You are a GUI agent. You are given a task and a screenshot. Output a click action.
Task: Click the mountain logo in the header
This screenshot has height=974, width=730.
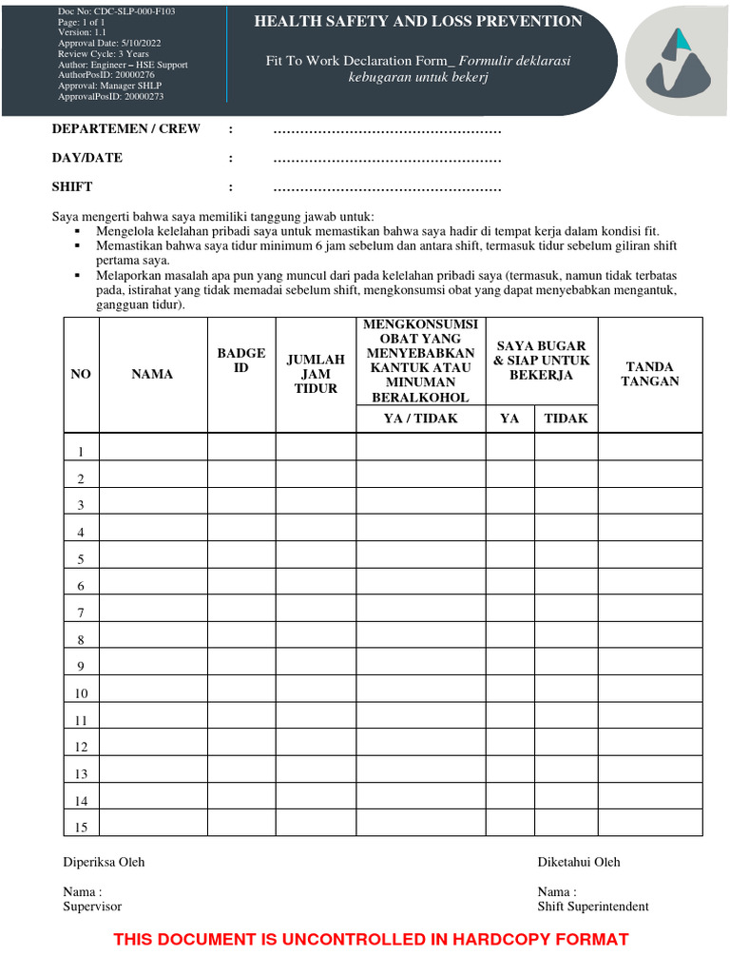click(x=678, y=63)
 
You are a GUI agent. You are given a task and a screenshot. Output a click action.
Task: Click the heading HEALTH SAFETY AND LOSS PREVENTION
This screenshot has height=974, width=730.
click(x=418, y=21)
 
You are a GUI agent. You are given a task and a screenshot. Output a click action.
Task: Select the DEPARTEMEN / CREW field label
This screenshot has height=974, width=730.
click(x=126, y=129)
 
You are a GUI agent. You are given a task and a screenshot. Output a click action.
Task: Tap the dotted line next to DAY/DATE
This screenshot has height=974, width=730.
click(x=387, y=159)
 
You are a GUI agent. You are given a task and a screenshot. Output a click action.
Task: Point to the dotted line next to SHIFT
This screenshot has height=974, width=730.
click(x=387, y=187)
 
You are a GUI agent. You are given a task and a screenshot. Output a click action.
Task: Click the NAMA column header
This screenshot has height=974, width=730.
click(x=152, y=375)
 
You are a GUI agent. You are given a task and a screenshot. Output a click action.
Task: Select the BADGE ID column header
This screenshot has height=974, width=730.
click(x=241, y=360)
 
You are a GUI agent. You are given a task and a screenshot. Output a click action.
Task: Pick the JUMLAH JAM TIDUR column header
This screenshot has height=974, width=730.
click(x=316, y=375)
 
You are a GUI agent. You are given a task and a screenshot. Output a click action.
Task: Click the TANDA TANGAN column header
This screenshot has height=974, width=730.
click(x=650, y=374)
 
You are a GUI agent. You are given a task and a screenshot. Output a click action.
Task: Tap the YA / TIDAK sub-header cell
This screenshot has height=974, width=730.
click(x=420, y=419)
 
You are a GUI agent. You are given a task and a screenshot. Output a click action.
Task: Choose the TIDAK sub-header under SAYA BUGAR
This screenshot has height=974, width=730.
click(x=566, y=419)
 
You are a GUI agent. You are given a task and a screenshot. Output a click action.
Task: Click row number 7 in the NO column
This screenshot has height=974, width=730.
click(x=82, y=614)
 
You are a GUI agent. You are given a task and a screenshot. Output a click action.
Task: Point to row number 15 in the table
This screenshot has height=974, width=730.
click(x=82, y=828)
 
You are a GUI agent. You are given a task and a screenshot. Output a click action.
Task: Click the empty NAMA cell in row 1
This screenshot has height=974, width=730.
click(x=153, y=451)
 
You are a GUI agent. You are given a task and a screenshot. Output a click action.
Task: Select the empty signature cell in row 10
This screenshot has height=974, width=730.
click(x=650, y=693)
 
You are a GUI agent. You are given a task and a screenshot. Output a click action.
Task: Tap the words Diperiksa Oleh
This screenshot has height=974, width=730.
click(x=104, y=862)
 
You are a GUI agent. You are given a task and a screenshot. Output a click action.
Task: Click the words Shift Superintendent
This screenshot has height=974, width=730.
click(x=593, y=906)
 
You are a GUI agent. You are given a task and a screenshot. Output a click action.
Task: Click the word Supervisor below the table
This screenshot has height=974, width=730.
click(x=92, y=906)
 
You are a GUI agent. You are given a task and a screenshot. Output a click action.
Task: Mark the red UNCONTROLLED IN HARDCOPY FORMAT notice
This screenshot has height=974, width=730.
click(x=371, y=940)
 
